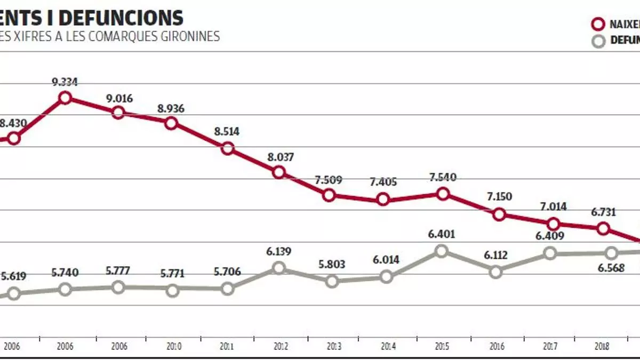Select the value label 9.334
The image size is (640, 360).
(x=65, y=82)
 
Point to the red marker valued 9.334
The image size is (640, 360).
(x=65, y=98)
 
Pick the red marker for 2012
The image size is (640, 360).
(x=278, y=172)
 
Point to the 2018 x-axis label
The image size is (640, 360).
(x=605, y=347)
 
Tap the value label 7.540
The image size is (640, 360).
(x=442, y=178)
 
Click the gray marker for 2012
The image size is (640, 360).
(x=278, y=268)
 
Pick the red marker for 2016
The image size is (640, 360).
(x=499, y=214)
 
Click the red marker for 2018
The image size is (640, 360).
(x=603, y=228)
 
